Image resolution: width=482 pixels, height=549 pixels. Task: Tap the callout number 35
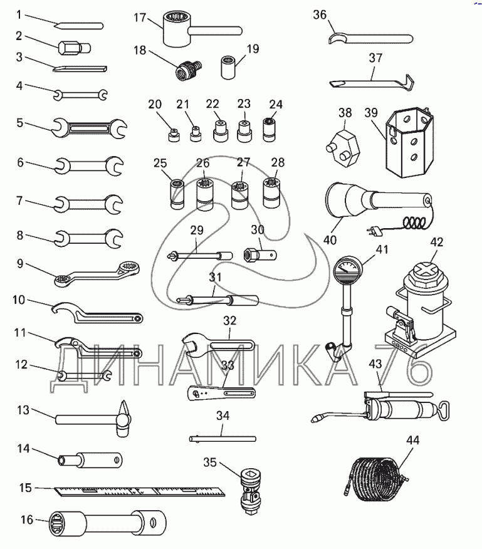[211, 463]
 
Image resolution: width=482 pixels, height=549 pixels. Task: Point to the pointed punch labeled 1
[78, 26]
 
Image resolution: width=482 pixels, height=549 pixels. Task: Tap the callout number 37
[375, 58]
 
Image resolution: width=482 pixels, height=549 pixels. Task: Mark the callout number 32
[230, 320]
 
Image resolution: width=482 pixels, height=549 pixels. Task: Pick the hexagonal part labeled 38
[342, 142]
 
